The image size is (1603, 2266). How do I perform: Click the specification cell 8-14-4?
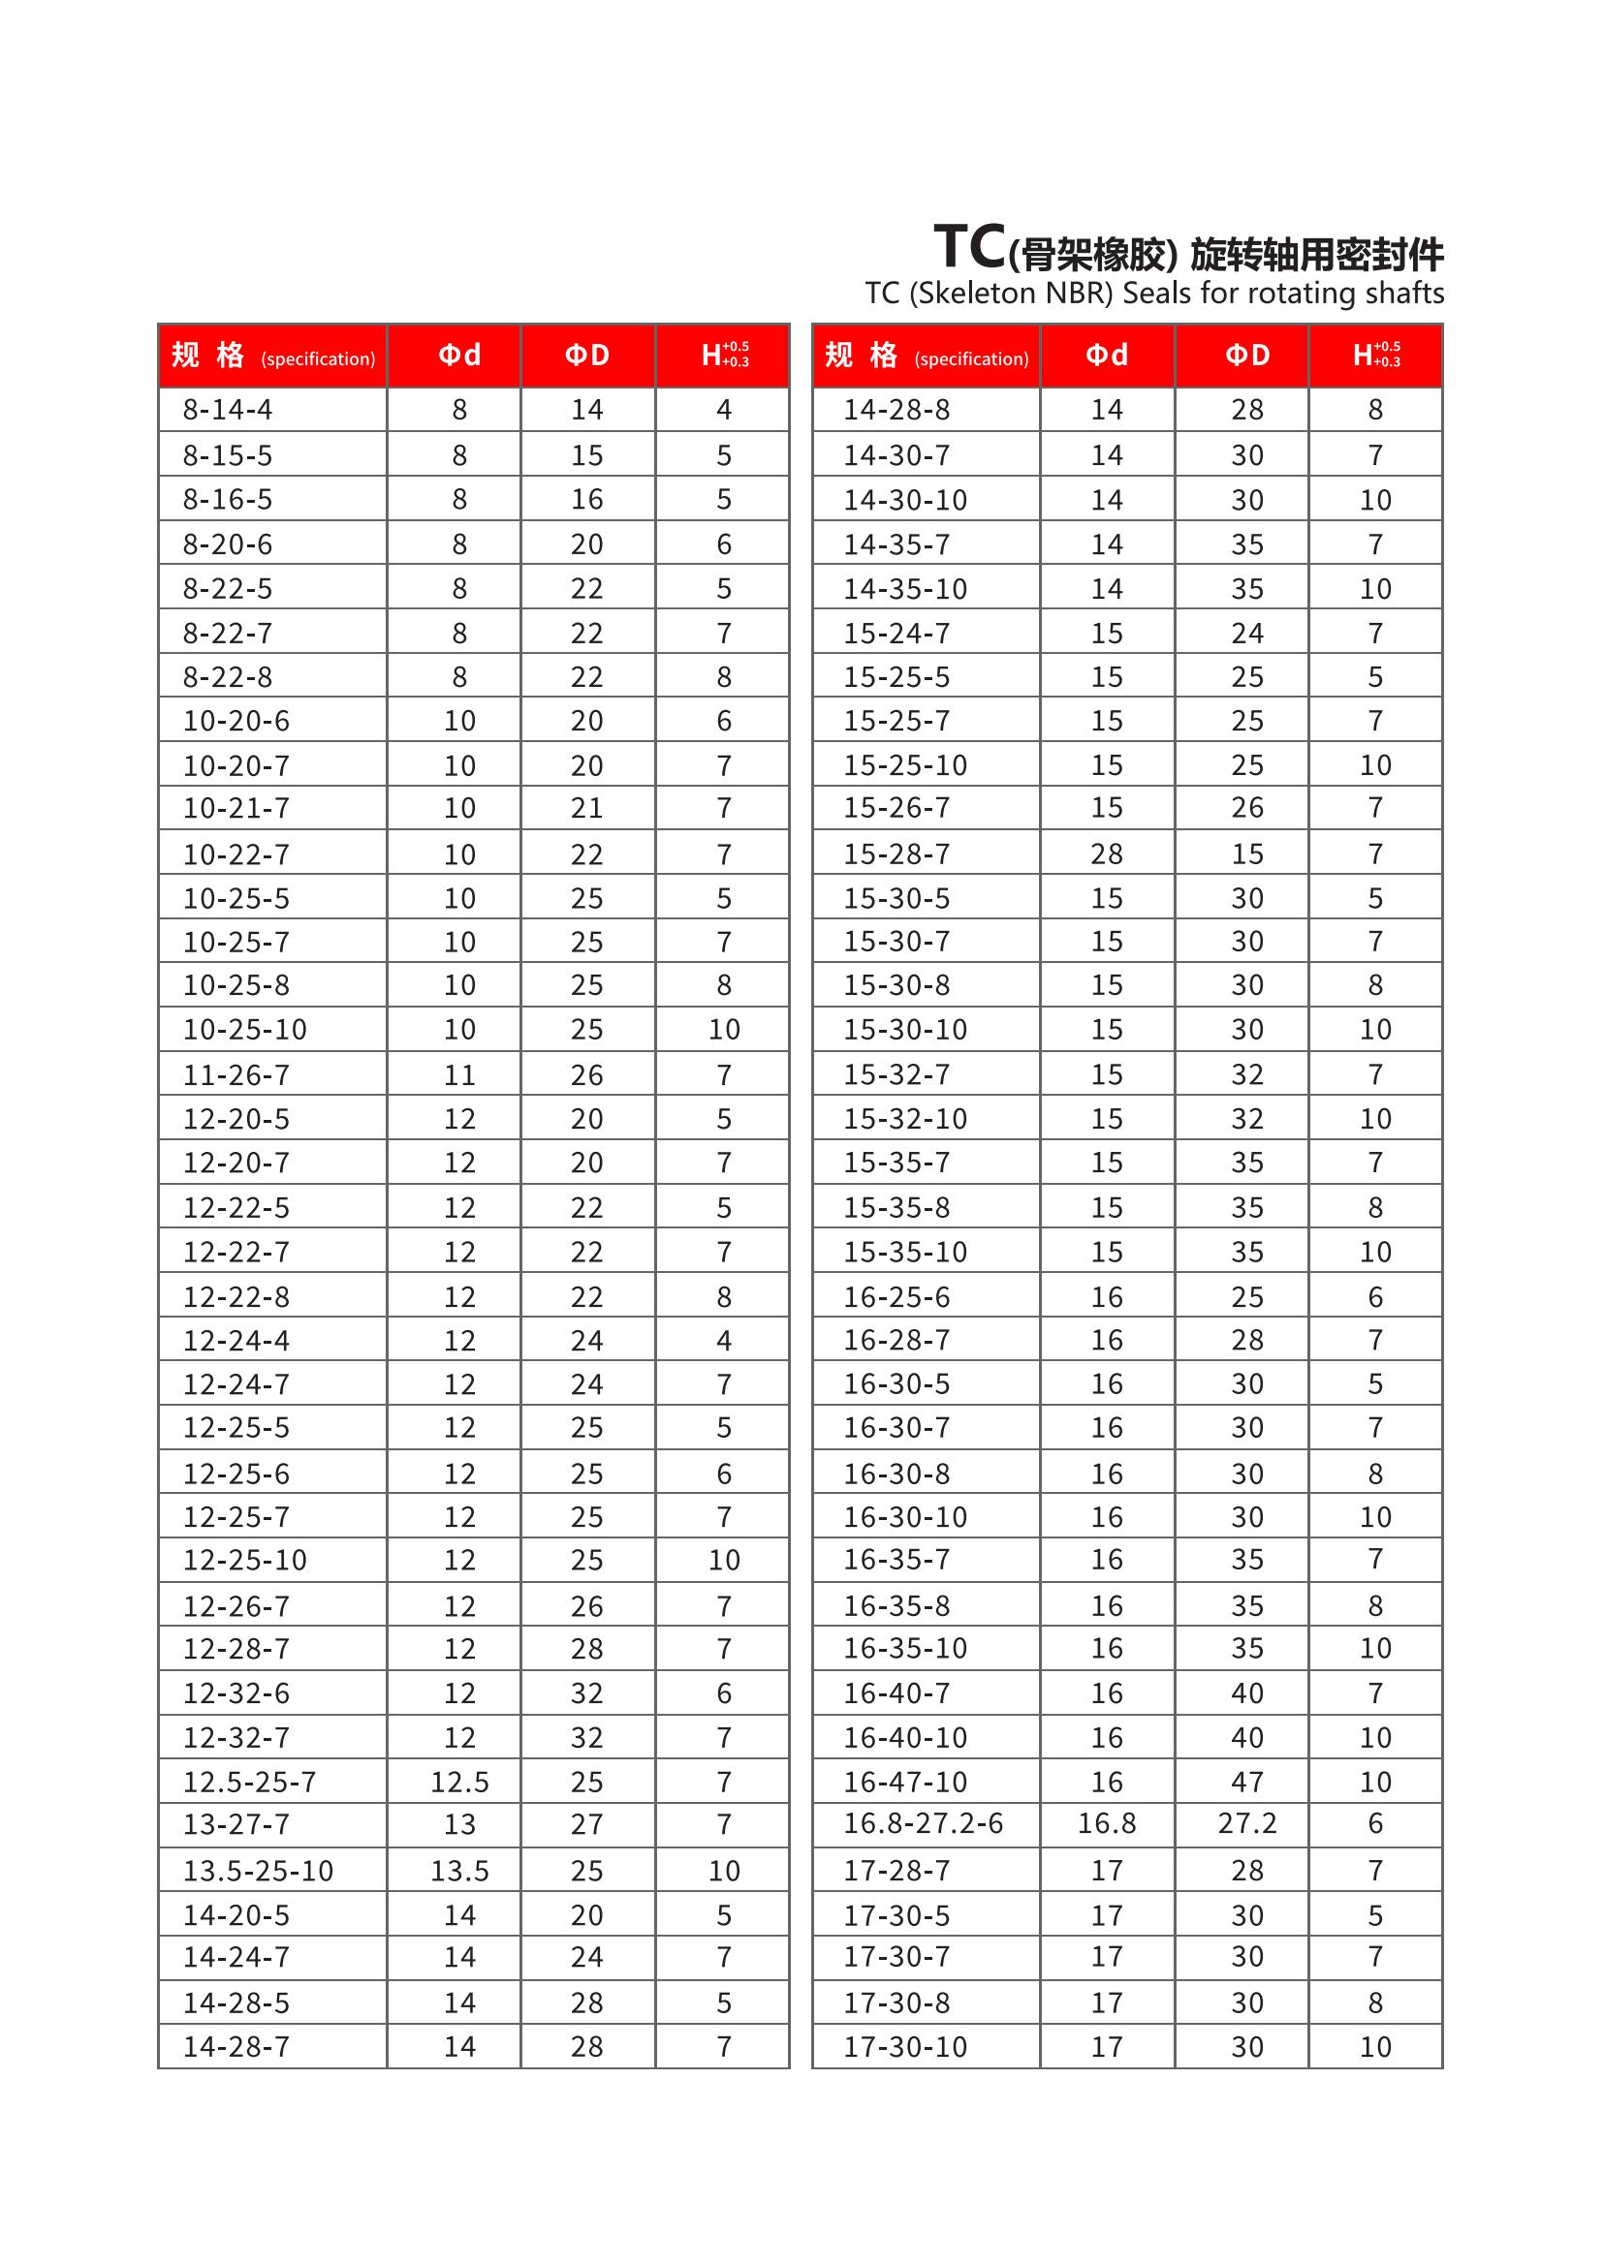[x=227, y=410]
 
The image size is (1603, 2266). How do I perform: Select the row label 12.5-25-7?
[x=249, y=1782]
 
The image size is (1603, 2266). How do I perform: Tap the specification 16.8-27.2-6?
[x=922, y=1824]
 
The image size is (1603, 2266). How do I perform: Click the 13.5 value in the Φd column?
[x=459, y=1870]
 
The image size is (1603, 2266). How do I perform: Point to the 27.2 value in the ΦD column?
[x=1246, y=1824]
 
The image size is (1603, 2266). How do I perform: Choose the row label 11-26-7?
[x=236, y=1074]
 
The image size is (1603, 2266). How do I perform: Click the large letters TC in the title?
[x=969, y=247]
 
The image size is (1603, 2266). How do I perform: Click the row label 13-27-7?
[x=236, y=1824]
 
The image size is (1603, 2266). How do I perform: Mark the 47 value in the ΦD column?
[x=1246, y=1782]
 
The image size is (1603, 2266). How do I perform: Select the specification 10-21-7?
[x=236, y=808]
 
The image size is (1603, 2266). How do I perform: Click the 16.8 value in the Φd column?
[x=1107, y=1824]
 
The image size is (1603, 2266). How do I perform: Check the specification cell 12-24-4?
[x=236, y=1340]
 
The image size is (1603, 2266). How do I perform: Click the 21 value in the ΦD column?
[x=586, y=808]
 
